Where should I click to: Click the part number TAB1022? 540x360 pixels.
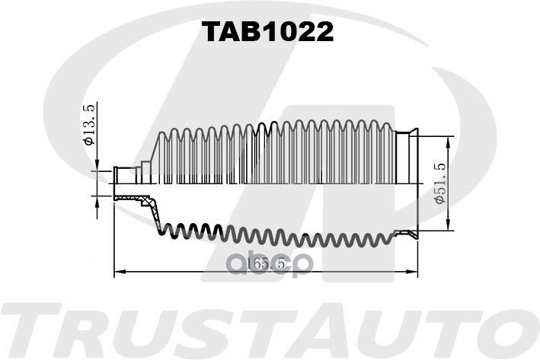(267, 32)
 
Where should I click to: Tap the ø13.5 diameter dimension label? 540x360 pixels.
(88, 125)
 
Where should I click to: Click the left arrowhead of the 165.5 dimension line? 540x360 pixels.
(119, 272)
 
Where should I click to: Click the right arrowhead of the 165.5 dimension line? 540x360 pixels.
(412, 272)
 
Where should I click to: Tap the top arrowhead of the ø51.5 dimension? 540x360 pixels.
(448, 142)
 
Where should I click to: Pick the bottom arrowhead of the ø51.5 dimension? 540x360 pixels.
(448, 225)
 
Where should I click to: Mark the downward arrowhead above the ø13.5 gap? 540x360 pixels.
(97, 165)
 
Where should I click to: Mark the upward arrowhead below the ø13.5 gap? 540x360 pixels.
(97, 202)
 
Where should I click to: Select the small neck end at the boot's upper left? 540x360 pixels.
(125, 176)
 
